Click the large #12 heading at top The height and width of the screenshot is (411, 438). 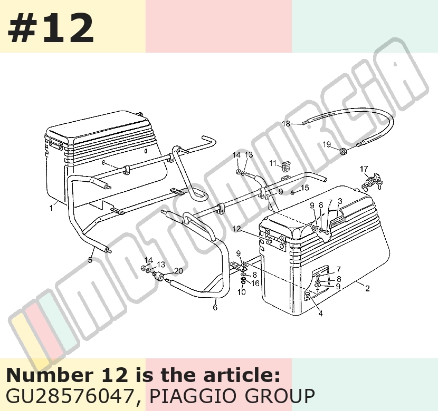coord(51,28)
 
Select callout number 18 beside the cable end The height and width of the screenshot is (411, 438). coord(286,123)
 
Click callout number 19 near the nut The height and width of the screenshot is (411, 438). coord(327,144)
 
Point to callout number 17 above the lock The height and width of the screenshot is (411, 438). coord(364,169)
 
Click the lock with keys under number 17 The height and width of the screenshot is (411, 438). coord(373,182)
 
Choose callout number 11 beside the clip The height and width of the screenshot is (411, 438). coord(273,163)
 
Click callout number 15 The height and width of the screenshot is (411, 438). coord(305,188)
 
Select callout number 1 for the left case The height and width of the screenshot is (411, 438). coord(51,208)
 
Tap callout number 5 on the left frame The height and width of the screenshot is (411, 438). coord(90,260)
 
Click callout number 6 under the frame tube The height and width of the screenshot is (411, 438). coord(215,307)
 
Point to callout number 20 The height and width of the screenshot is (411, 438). coord(178,271)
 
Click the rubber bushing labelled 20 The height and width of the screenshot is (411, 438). coord(160,277)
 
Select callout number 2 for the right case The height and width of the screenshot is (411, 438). coord(367,288)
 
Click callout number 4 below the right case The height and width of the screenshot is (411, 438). coord(320,314)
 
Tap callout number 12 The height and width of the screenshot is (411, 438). coord(236,229)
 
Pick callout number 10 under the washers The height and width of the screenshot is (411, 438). coord(241,292)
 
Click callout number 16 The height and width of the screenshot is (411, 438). coord(255,283)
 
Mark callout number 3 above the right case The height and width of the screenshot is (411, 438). coord(340,201)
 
